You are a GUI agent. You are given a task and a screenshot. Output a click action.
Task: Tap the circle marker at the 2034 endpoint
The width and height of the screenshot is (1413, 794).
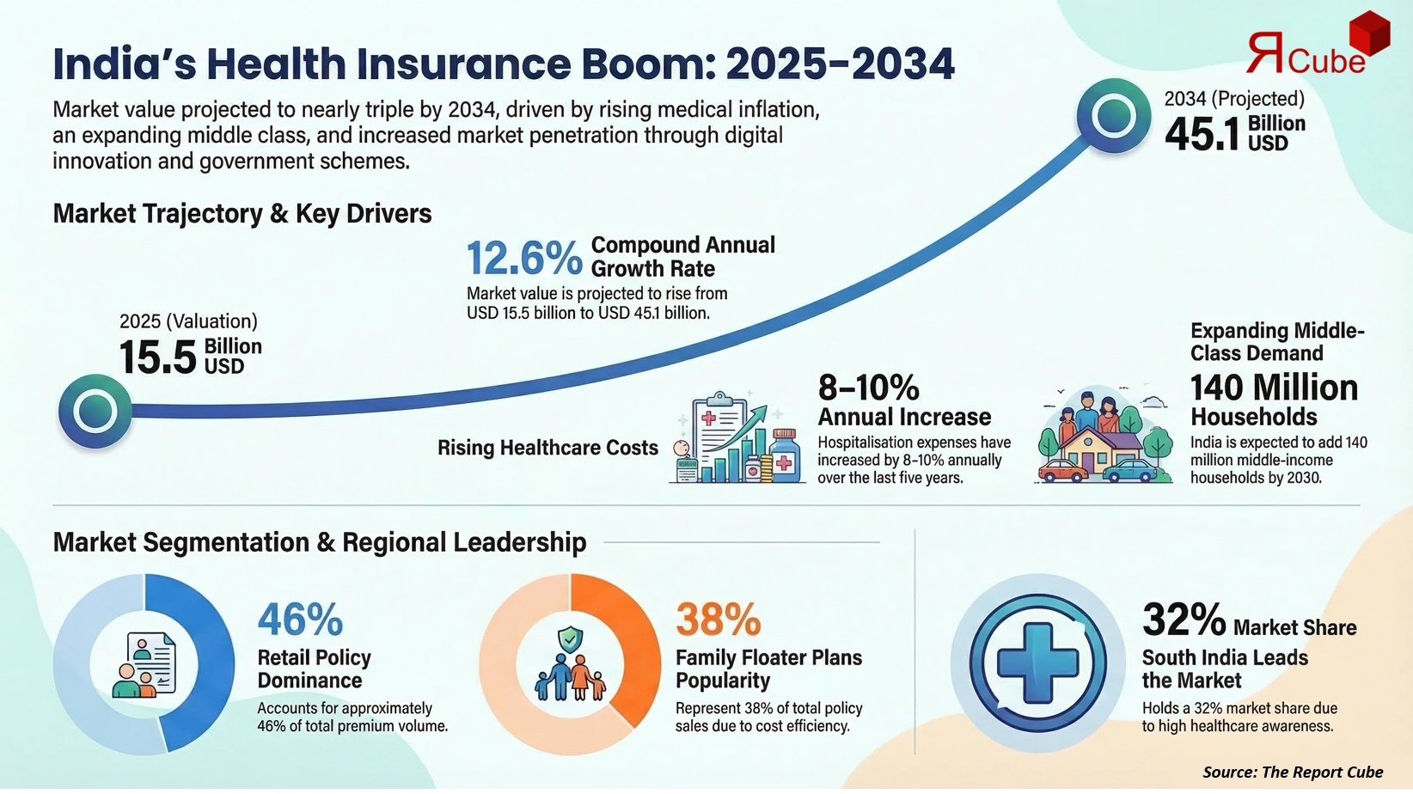pos(1114,116)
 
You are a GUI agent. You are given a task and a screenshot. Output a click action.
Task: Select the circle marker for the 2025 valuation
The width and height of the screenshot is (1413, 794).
pos(95,411)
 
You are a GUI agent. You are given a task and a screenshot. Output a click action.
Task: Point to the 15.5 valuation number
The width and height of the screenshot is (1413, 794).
pos(158,357)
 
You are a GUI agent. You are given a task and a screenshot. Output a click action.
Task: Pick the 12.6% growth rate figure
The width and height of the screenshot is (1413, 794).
pos(524,258)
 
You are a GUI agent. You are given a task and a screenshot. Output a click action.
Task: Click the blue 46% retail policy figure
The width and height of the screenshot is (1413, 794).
pos(300,619)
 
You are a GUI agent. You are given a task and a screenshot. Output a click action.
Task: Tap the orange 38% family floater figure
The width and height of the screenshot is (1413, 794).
pos(718,619)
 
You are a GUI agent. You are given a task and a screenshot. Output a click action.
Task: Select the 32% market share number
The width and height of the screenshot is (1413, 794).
pos(1184,619)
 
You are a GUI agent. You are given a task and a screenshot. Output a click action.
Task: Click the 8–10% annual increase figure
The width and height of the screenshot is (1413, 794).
pos(868,388)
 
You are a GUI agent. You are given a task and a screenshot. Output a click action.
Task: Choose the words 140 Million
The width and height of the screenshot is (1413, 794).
pos(1274,388)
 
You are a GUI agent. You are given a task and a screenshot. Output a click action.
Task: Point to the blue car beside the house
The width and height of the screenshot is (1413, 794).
pos(1129,471)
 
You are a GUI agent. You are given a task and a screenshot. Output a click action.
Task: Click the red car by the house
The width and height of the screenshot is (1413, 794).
pos(1062,471)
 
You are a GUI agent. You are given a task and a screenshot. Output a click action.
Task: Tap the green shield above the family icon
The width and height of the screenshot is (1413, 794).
pos(570,639)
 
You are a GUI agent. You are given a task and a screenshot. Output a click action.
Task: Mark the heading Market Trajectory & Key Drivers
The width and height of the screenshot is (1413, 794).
pos(242,213)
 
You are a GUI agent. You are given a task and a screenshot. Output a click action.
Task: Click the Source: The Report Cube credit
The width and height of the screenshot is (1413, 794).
pos(1292,772)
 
